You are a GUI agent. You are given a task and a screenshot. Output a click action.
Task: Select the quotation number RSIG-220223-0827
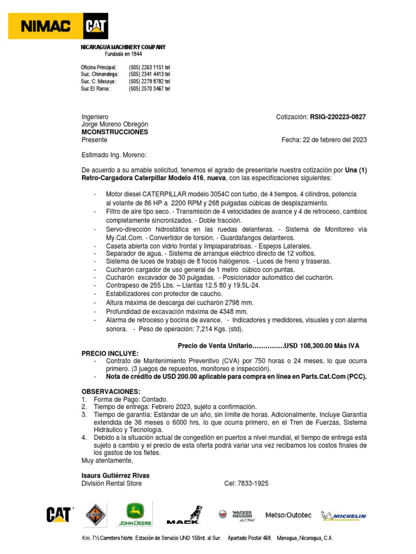(338, 117)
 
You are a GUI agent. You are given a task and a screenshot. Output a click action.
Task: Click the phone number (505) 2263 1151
(149, 67)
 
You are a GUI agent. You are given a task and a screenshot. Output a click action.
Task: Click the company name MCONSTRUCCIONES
(114, 132)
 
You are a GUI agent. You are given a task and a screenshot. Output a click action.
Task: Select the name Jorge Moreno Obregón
(114, 124)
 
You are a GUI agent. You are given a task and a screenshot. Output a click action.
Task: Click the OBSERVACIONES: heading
(110, 391)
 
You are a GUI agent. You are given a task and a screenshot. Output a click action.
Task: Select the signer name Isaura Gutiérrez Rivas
(115, 476)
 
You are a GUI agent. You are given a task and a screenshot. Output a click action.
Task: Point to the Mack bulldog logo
(185, 515)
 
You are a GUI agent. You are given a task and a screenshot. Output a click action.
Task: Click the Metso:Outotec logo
(288, 515)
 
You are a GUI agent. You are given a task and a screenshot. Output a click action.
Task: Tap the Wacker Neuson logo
(238, 515)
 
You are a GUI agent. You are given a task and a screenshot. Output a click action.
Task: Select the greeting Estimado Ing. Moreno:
(114, 155)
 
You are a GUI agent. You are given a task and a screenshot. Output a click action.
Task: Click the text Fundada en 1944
(122, 55)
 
